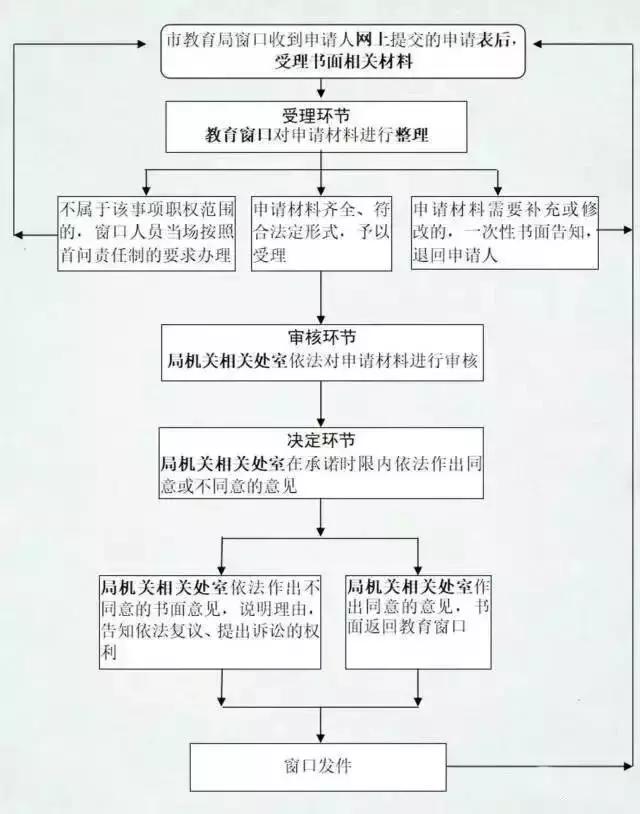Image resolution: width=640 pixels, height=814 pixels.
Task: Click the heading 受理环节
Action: point(320,112)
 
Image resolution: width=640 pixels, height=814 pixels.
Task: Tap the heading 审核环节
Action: point(320,337)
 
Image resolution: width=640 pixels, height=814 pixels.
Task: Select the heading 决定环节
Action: point(320,440)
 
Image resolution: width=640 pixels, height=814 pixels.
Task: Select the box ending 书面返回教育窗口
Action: point(418,620)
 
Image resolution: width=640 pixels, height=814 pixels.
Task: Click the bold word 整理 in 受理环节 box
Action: point(412,134)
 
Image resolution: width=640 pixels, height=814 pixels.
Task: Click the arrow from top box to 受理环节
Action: point(320,87)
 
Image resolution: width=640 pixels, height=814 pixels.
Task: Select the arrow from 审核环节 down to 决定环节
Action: point(320,405)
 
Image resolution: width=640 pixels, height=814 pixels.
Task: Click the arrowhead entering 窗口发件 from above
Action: point(320,737)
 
